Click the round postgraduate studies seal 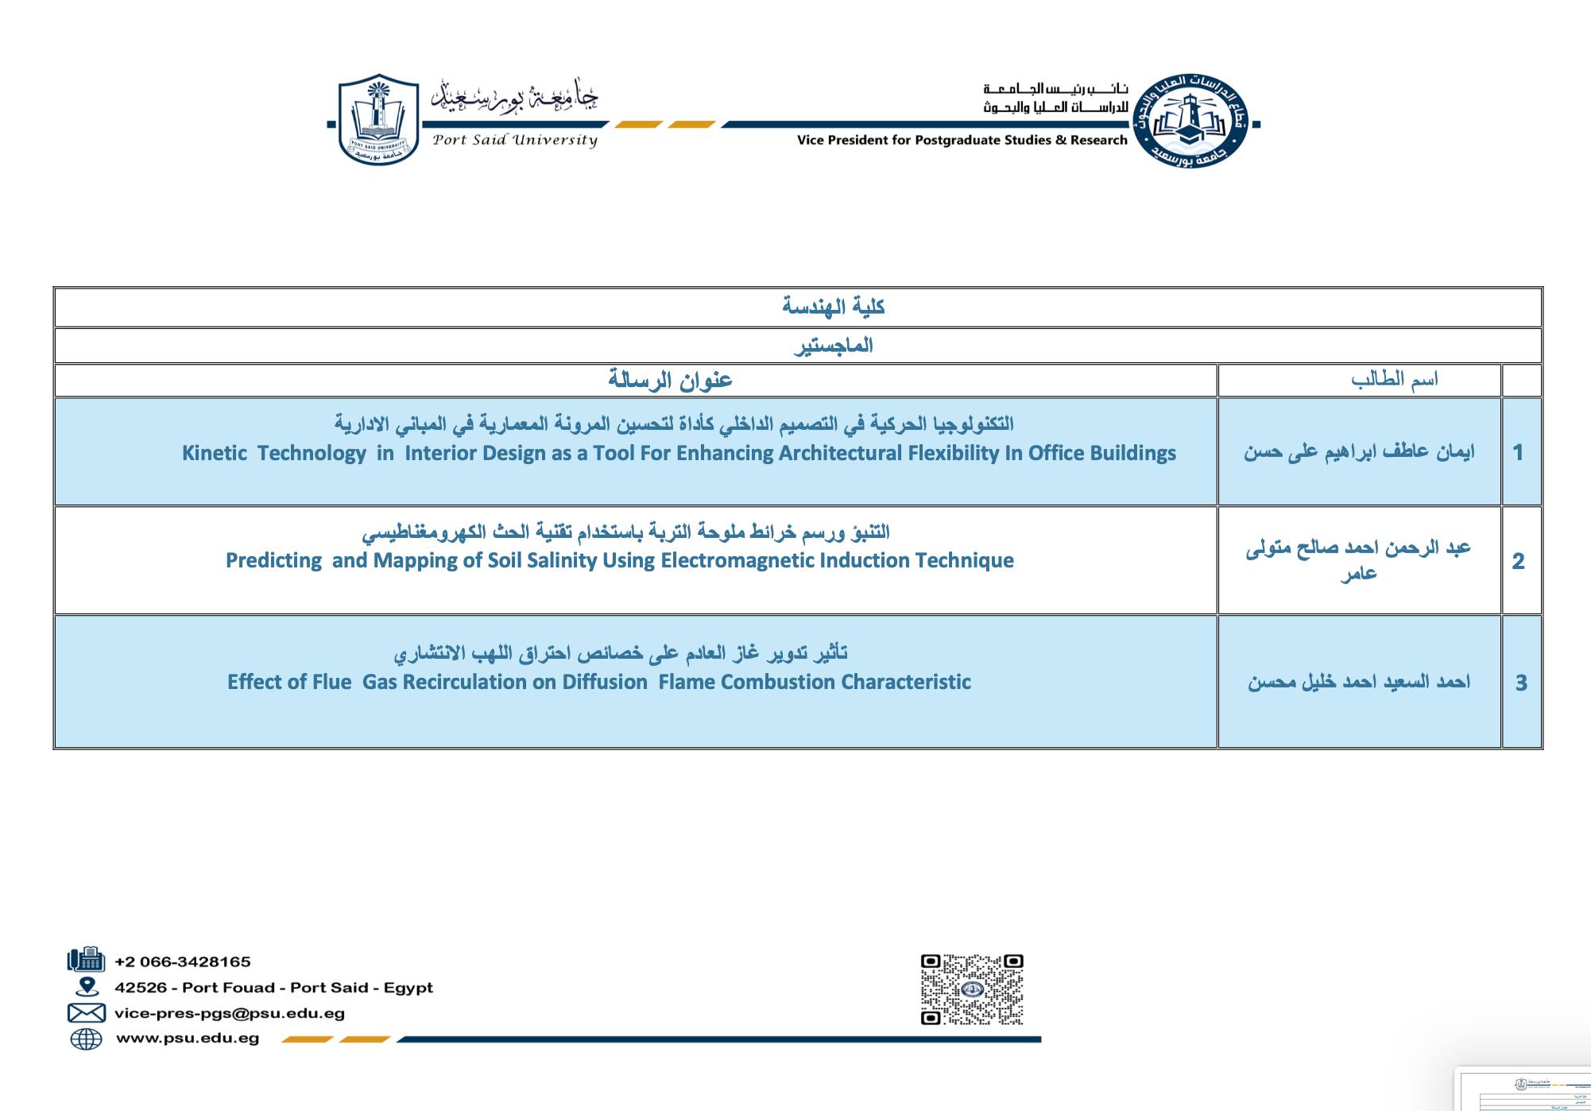point(1190,122)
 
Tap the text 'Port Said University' point(515,141)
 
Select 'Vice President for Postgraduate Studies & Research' point(962,141)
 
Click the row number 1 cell point(1519,452)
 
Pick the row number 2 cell point(1519,561)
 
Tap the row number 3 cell point(1521,683)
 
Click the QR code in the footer point(972,989)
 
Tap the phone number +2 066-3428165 point(183,962)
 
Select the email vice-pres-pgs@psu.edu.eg point(230,1013)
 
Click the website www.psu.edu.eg point(188,1038)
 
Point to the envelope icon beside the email point(86,1013)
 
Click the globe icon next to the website point(86,1039)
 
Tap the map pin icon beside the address point(87,987)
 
